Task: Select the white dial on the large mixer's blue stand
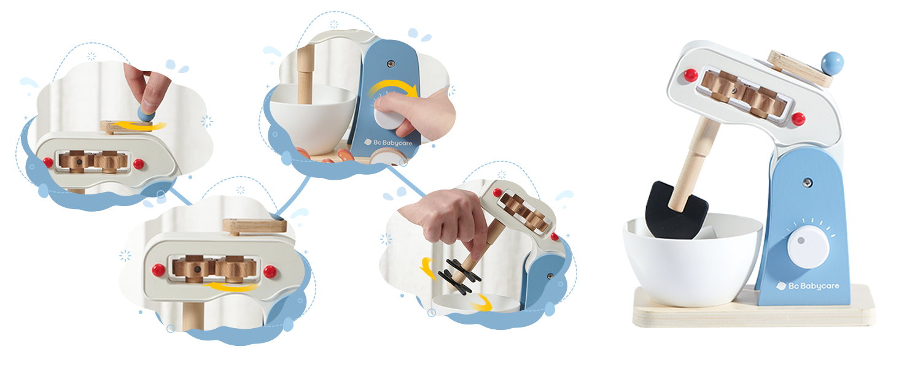808,246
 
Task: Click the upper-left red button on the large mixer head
691,75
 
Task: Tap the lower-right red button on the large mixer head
798,119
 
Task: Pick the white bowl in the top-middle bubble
312,117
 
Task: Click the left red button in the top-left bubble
47,163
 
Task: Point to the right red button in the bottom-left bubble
269,271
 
